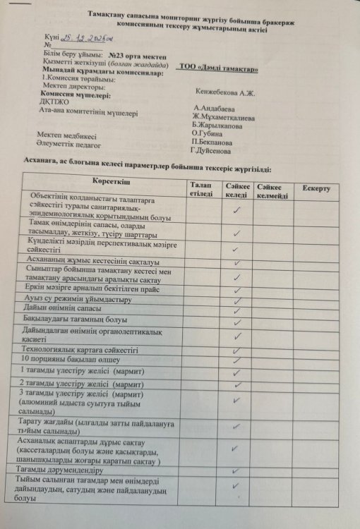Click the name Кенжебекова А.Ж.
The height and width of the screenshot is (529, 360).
224,92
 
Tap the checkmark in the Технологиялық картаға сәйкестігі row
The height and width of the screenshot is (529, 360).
237,351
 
